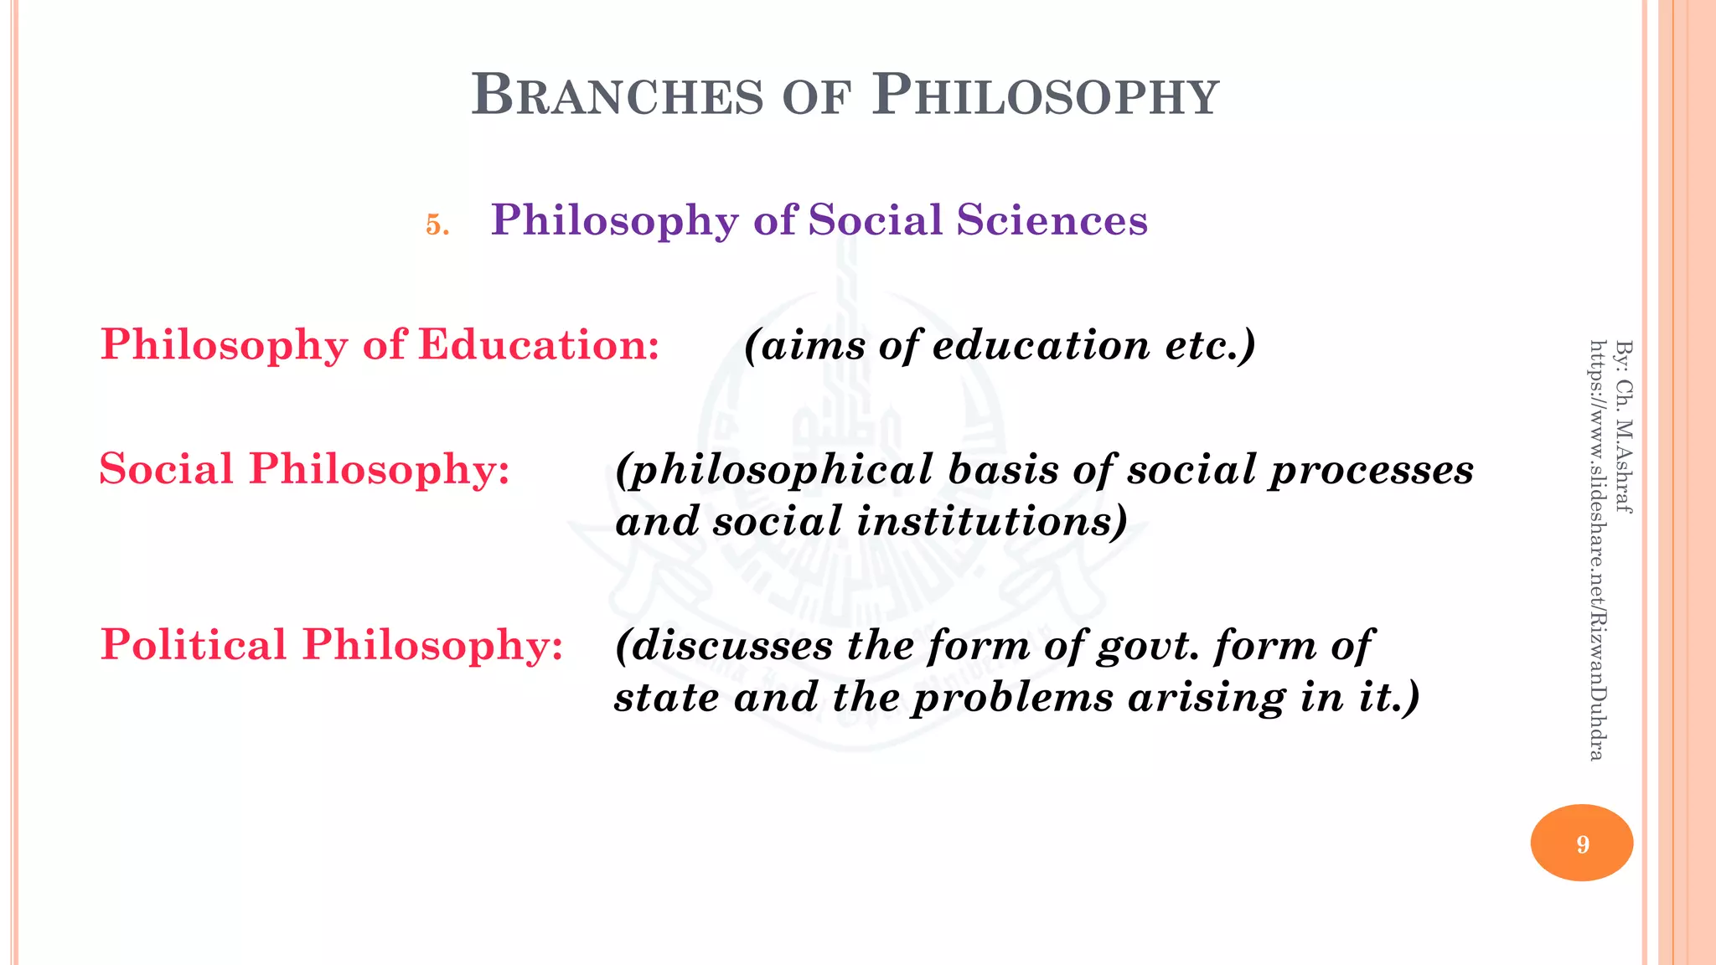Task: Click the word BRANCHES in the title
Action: [618, 95]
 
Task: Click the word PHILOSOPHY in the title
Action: [1045, 95]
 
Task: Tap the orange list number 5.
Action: [437, 224]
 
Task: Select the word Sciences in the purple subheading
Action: [1052, 220]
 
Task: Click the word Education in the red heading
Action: [539, 345]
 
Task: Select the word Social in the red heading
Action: [166, 469]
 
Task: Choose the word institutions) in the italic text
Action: [992, 522]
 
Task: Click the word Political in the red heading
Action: [194, 645]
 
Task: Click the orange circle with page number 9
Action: [1581, 843]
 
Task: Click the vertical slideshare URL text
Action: [1597, 550]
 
